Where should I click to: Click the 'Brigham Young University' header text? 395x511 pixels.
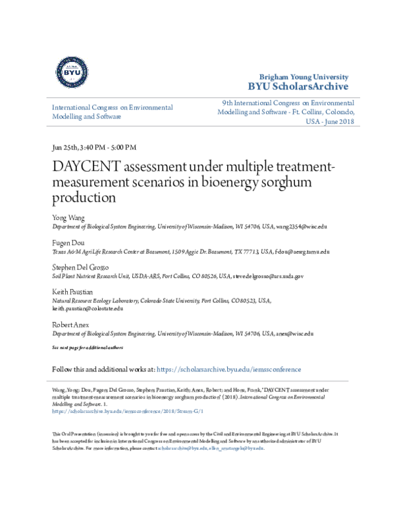click(x=307, y=76)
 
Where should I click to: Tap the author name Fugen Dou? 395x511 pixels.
click(x=67, y=242)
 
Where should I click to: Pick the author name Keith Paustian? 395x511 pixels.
click(x=72, y=292)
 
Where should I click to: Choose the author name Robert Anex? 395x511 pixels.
click(x=71, y=325)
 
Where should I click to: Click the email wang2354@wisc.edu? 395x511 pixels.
click(x=301, y=226)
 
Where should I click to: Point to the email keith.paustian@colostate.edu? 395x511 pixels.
click(x=88, y=308)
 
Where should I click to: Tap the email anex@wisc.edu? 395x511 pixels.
click(x=294, y=334)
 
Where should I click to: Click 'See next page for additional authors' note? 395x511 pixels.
click(x=87, y=347)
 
